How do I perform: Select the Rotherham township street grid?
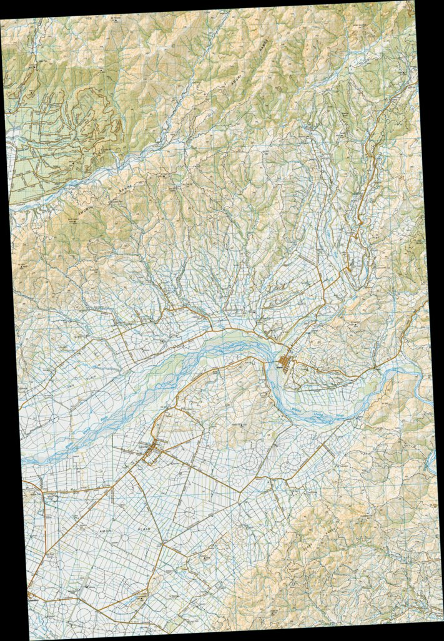[152, 454]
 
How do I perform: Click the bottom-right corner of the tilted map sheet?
[441, 615]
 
